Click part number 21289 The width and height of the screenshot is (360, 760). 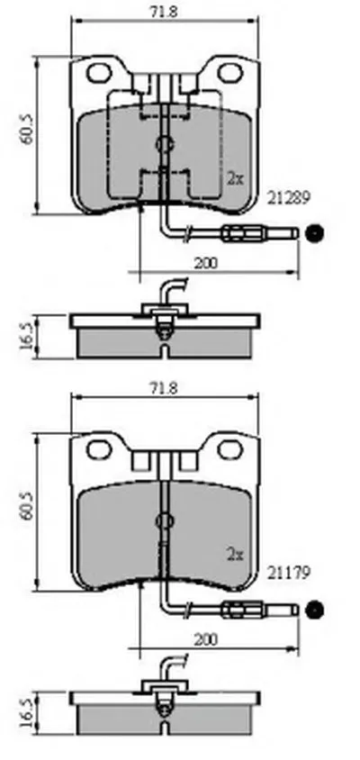pos(289,197)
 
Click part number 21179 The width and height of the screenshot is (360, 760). pos(289,574)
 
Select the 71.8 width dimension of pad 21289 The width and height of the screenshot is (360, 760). pos(163,12)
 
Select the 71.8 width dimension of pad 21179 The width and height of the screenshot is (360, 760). pos(163,388)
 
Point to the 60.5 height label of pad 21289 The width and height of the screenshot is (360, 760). pos(27,129)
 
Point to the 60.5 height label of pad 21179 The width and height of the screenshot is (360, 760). pos(27,505)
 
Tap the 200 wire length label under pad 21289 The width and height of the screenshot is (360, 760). pos(206,263)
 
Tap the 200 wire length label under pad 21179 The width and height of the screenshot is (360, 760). pos(206,639)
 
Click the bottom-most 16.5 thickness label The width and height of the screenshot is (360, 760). pos(27,712)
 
